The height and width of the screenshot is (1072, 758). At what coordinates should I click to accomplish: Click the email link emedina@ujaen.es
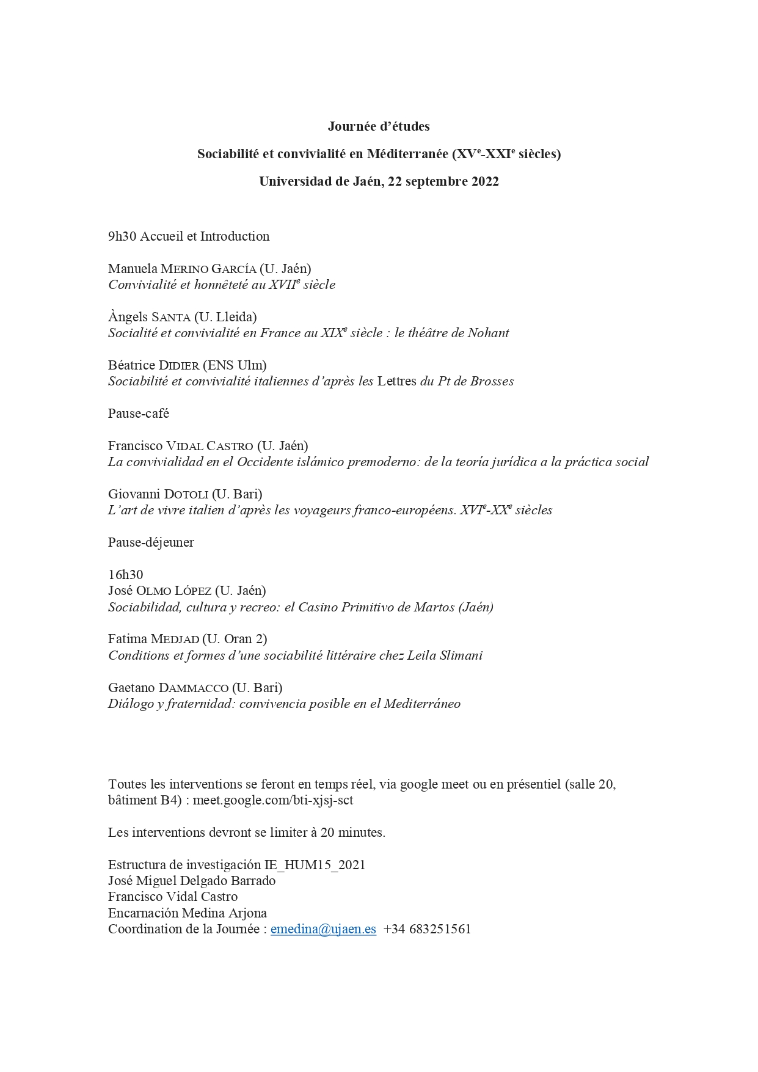[x=323, y=929]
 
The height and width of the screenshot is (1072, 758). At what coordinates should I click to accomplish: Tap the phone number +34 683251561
[x=427, y=929]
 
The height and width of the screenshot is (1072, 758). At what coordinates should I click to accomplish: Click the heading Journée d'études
[x=379, y=126]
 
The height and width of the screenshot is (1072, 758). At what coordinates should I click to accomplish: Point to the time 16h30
[x=125, y=575]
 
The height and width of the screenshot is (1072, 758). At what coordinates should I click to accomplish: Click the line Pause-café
[x=139, y=414]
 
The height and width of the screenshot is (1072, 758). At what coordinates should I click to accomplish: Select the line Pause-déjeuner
[x=151, y=542]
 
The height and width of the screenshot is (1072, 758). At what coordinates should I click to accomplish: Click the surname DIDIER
[x=179, y=365]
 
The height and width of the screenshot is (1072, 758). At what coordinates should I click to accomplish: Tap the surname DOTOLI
[x=186, y=494]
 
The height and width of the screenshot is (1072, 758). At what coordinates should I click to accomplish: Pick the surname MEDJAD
[x=175, y=639]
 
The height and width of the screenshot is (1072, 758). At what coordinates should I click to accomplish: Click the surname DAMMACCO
[x=194, y=687]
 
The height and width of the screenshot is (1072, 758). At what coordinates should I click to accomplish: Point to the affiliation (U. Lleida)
[x=225, y=317]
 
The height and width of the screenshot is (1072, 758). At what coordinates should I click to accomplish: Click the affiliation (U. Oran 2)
[x=235, y=639]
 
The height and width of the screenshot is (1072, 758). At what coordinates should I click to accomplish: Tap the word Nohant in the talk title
[x=488, y=333]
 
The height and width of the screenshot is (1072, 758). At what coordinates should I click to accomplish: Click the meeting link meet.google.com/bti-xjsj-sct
[x=273, y=800]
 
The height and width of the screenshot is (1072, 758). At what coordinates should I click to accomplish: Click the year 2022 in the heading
[x=485, y=181]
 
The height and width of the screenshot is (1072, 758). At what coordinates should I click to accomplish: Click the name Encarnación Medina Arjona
[x=188, y=913]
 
